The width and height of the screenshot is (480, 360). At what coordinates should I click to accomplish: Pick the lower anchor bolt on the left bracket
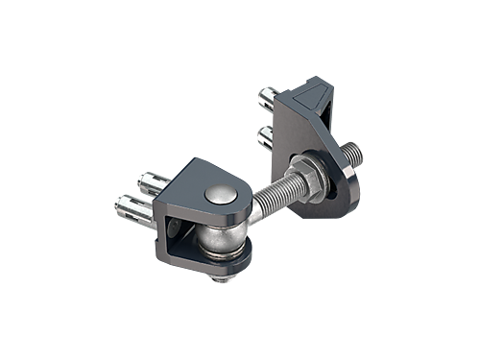135,204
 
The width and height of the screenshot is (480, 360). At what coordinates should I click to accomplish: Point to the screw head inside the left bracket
178,229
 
